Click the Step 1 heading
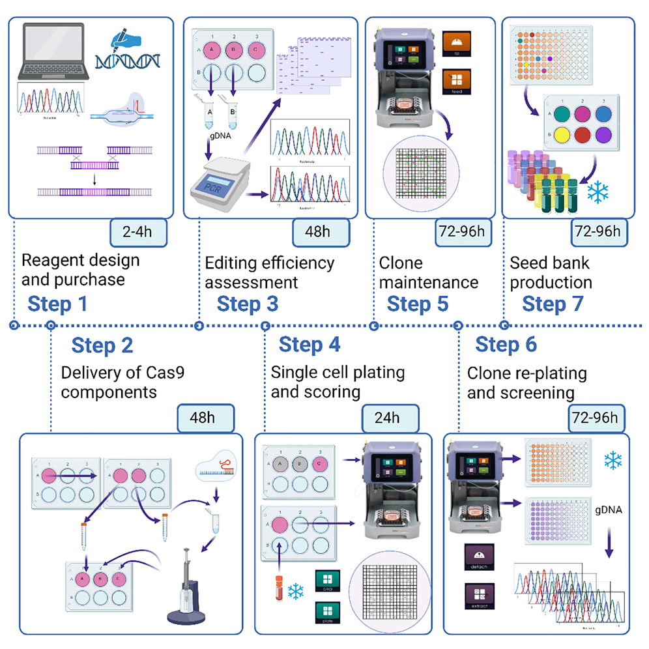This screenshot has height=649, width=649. [x=57, y=304]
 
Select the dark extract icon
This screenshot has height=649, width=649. [x=480, y=596]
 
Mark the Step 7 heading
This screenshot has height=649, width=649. [x=553, y=304]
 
